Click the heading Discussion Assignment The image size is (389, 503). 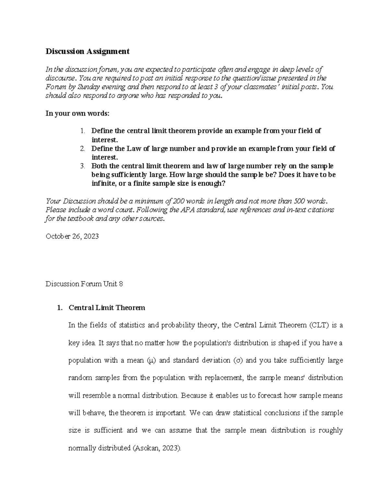click(87, 51)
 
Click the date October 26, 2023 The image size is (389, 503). click(72, 236)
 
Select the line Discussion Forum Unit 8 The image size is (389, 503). click(84, 284)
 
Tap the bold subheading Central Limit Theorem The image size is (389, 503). click(107, 308)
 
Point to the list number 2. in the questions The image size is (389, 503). click(82, 149)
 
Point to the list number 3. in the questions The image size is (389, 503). click(82, 166)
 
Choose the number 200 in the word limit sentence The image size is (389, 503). click(179, 201)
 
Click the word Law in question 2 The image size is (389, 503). click(133, 149)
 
